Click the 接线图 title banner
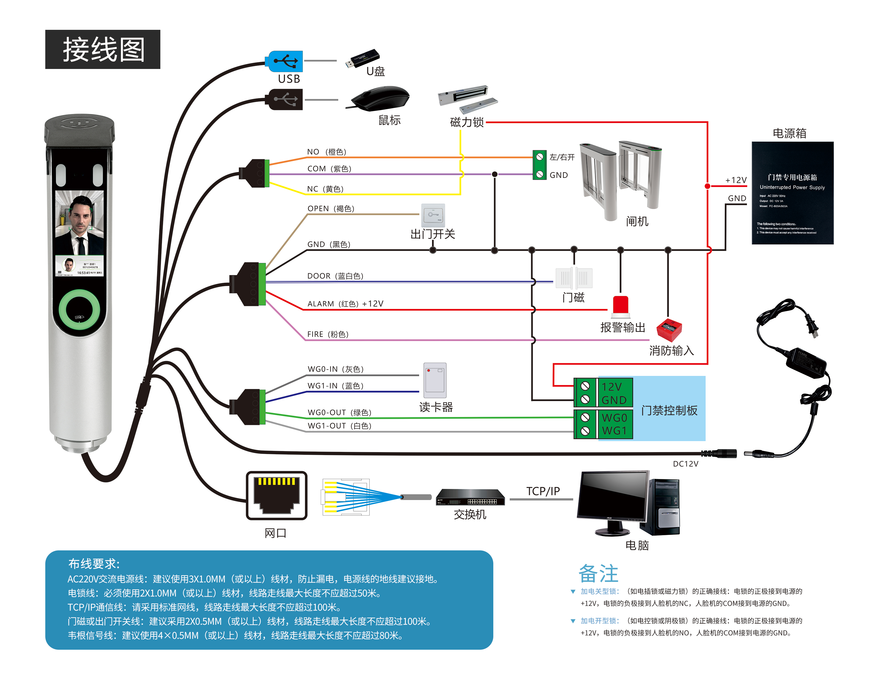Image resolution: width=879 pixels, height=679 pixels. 103,49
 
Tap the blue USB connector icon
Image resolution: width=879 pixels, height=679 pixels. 284,62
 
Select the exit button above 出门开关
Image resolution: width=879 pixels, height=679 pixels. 433,215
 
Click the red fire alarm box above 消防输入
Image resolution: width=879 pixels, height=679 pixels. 669,330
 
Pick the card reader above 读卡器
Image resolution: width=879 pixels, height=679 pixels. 435,380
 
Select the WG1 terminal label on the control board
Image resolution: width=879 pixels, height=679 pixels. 614,431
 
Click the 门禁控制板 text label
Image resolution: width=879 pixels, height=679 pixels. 669,410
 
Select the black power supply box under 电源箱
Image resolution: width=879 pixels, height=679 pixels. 792,193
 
